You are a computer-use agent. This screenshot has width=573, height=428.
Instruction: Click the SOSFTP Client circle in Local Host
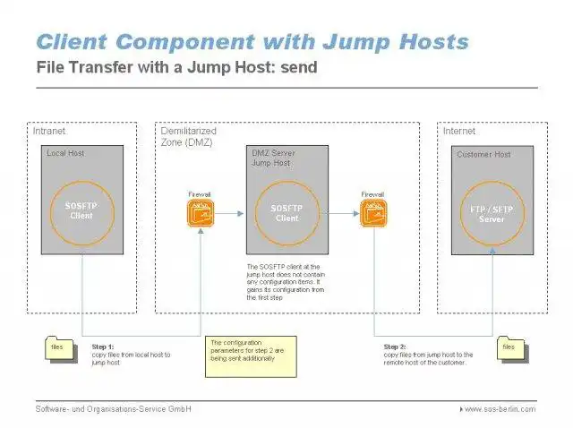pyautogui.click(x=82, y=211)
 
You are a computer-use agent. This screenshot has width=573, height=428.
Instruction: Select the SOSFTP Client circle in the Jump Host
pyautogui.click(x=286, y=213)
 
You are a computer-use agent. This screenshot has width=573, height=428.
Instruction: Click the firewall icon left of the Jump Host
pyautogui.click(x=200, y=213)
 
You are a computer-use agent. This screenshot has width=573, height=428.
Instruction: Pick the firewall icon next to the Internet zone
pyautogui.click(x=372, y=213)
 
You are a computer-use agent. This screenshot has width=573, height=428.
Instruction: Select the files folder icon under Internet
pyautogui.click(x=508, y=347)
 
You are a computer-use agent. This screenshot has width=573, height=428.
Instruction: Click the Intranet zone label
pyautogui.click(x=49, y=132)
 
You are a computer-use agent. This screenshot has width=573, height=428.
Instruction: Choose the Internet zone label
pyautogui.click(x=459, y=132)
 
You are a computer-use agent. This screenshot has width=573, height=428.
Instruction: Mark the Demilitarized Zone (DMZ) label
pyautogui.click(x=188, y=137)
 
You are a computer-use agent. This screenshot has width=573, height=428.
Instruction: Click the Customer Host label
pyautogui.click(x=483, y=155)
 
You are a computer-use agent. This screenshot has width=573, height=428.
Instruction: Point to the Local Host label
pyautogui.click(x=66, y=154)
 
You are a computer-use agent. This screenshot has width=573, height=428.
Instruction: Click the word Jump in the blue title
pyautogui.click(x=338, y=41)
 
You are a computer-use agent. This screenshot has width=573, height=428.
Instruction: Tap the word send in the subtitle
pyautogui.click(x=299, y=67)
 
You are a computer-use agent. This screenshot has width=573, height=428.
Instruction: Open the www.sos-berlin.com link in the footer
pyautogui.click(x=500, y=409)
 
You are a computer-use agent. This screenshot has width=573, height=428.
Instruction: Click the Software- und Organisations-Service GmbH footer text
pyautogui.click(x=114, y=409)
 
